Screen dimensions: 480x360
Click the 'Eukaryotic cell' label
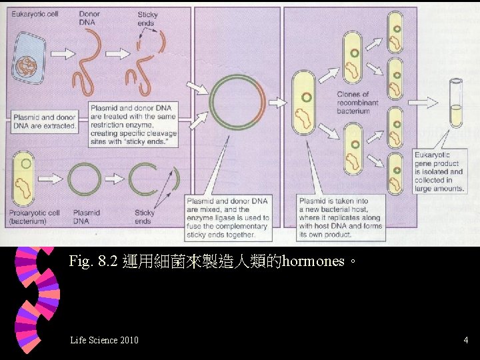(35, 14)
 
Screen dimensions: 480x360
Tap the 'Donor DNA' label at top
(89, 18)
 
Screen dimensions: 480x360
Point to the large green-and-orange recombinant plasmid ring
(237, 102)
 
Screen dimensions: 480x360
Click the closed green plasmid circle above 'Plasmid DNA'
(85, 180)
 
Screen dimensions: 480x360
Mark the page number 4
(465, 341)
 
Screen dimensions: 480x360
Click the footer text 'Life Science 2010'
(104, 341)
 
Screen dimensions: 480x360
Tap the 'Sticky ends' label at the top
(147, 18)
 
